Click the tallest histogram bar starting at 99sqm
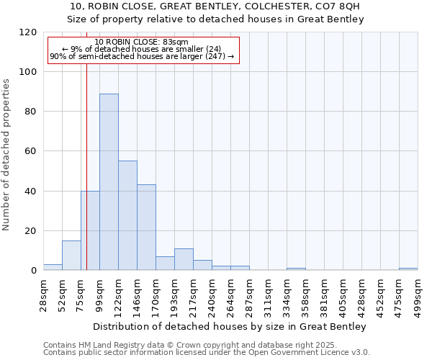point(109,181)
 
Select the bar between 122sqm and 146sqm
point(127,215)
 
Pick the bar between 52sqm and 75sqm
point(71,256)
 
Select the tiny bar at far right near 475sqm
point(408,269)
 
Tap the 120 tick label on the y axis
point(28,32)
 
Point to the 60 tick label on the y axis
point(31,152)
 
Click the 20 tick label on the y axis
point(31,231)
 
